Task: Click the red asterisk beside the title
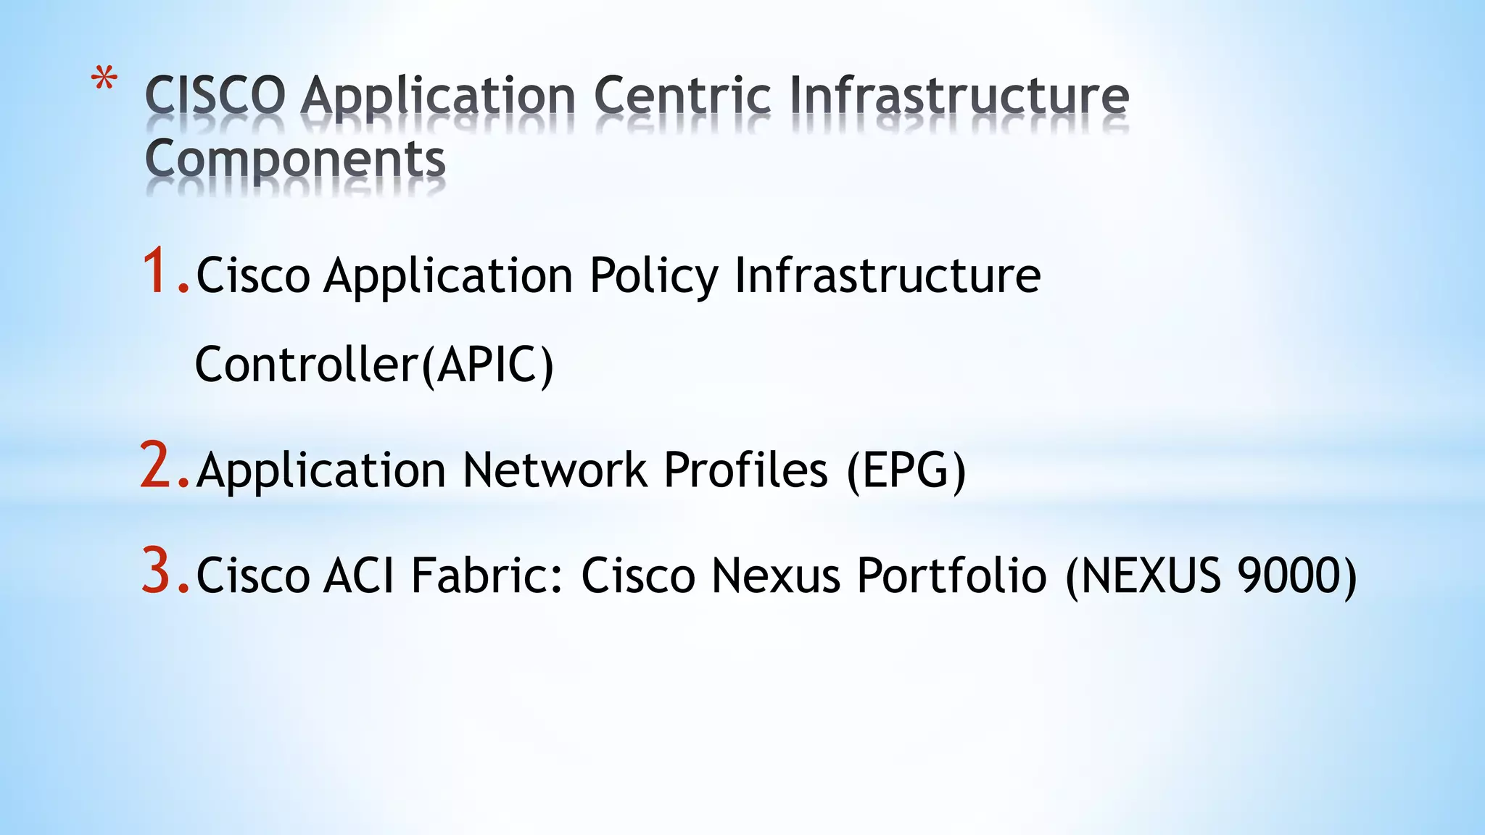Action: tap(104, 78)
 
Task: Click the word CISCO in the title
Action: tap(215, 96)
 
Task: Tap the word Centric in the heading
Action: tap(682, 96)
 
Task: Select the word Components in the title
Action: tap(295, 159)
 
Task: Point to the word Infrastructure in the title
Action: tap(959, 96)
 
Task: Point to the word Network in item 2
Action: tap(555, 470)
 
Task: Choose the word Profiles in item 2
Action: tap(745, 470)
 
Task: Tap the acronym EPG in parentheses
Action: tap(906, 470)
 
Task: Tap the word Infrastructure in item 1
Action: tap(888, 277)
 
